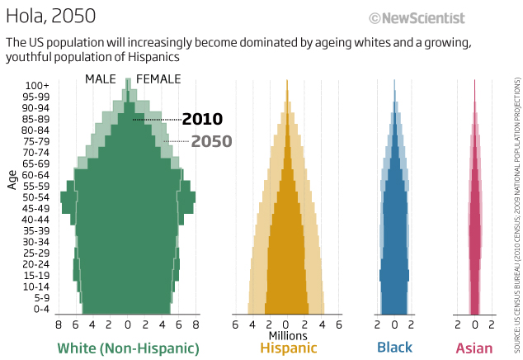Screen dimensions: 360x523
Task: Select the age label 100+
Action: point(37,85)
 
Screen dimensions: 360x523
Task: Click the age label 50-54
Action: point(37,197)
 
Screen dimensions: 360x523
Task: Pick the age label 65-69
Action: point(37,163)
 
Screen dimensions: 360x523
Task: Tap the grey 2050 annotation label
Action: point(211,141)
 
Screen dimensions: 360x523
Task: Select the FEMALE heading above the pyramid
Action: point(158,79)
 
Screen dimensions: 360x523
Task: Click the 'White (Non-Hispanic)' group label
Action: point(128,348)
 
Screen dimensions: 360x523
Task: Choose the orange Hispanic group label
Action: point(288,348)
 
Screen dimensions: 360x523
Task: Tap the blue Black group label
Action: point(394,348)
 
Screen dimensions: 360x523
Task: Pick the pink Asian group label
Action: point(474,348)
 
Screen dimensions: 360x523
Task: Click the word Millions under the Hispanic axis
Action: point(287,335)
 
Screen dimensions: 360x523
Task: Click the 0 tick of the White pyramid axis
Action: point(128,325)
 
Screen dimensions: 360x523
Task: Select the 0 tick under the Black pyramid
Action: point(394,325)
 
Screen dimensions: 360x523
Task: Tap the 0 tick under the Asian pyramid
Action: point(474,325)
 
